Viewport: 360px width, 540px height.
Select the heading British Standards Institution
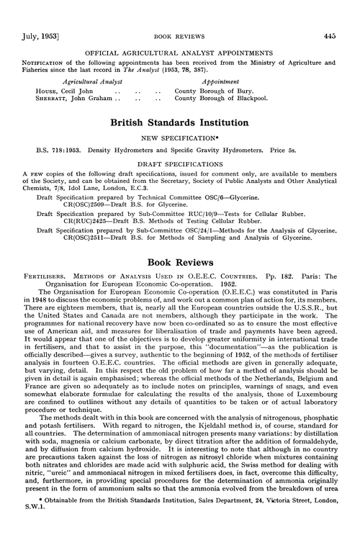[x=179, y=123]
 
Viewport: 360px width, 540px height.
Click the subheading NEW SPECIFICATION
[x=179, y=137]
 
